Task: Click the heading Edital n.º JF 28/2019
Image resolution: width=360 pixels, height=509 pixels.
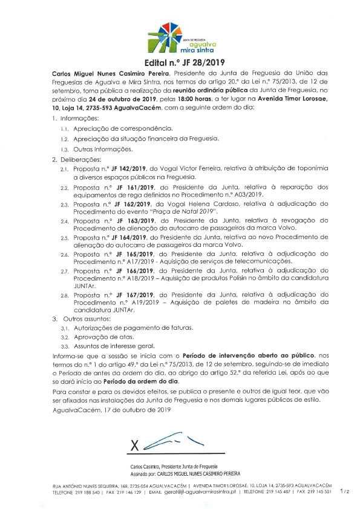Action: coord(180,62)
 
